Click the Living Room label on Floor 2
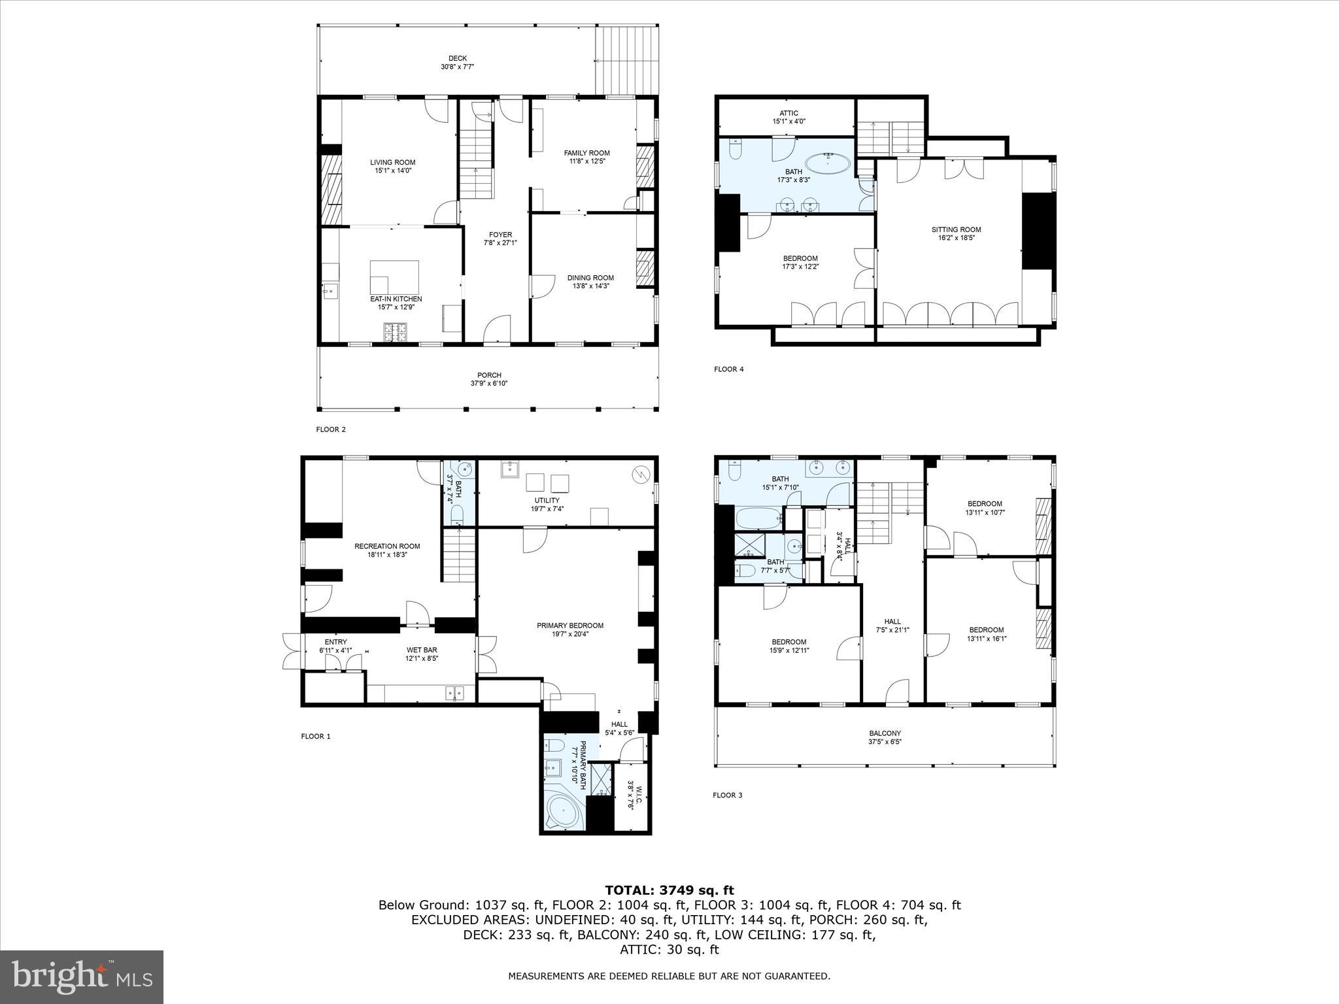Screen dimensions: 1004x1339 [392, 163]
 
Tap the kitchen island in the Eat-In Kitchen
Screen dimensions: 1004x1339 [394, 276]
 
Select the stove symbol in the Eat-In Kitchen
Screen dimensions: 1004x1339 [394, 333]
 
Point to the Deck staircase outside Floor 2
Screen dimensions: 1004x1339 [626, 61]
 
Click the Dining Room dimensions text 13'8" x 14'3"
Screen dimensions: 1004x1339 [590, 286]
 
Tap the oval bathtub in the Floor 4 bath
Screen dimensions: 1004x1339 [828, 162]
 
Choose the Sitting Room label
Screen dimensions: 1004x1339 [956, 229]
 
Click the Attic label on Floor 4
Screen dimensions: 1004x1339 [788, 113]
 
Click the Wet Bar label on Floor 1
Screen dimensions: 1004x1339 [421, 650]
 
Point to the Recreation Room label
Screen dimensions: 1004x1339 [387, 546]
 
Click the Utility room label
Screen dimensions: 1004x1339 [547, 500]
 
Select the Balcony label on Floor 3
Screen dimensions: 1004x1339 [885, 733]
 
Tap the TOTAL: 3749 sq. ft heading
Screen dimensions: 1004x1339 [669, 890]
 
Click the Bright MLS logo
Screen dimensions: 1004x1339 [82, 977]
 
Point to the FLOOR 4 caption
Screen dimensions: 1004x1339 [728, 369]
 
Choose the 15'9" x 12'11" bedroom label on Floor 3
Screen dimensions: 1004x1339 [788, 650]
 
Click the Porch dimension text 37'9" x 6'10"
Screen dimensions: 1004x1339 [488, 384]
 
